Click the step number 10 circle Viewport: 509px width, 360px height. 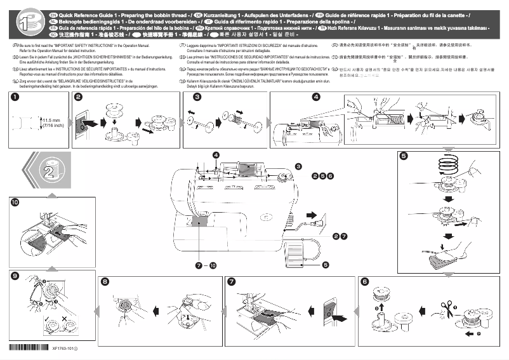(15, 203)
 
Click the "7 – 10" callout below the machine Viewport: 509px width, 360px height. (206, 264)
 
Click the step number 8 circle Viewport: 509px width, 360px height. (105, 281)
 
